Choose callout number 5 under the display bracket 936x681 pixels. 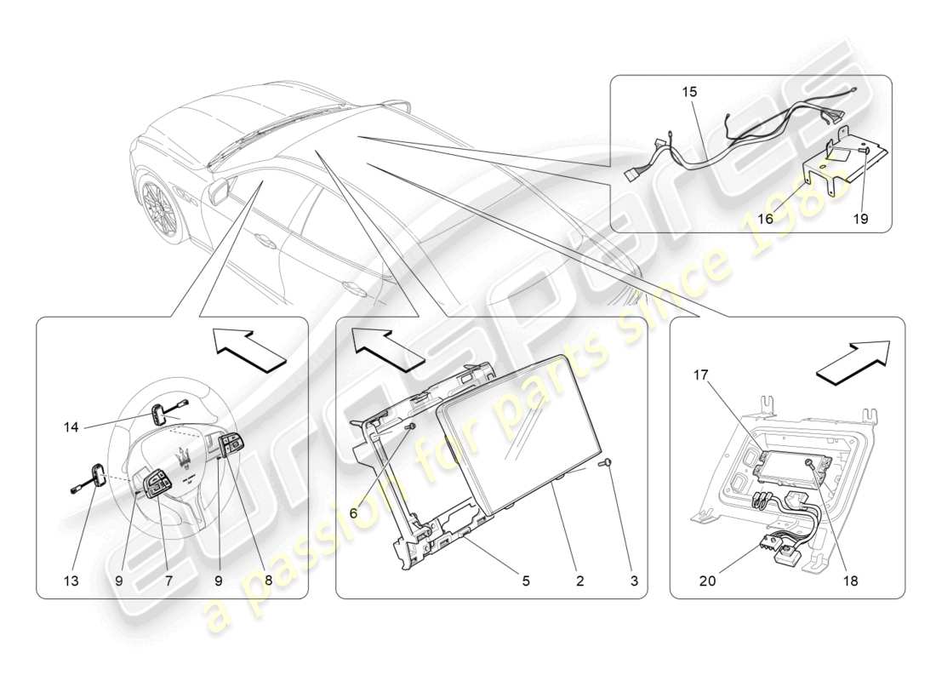(525, 581)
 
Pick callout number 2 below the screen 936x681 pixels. (579, 581)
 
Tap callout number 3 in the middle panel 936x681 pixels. (634, 581)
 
